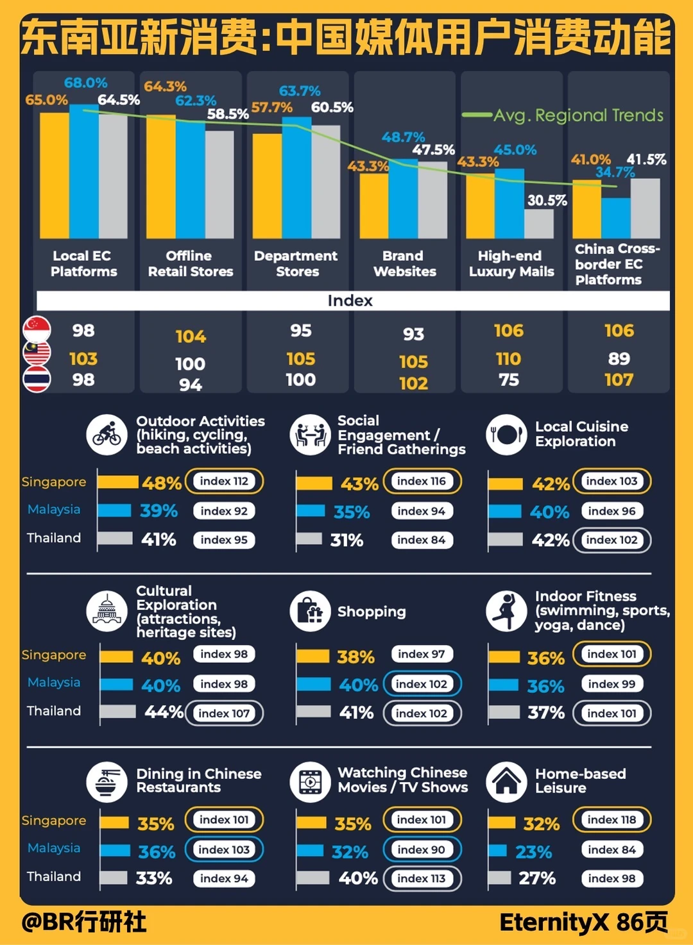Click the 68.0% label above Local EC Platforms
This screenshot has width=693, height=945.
click(86, 83)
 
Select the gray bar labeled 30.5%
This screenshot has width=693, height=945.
click(539, 224)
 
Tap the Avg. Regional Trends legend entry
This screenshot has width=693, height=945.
click(563, 115)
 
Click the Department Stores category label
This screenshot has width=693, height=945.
click(296, 263)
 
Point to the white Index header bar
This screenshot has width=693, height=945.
click(353, 301)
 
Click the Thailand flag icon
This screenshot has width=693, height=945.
click(37, 380)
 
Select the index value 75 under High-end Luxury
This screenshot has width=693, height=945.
click(509, 380)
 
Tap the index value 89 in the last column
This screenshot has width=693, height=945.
click(619, 358)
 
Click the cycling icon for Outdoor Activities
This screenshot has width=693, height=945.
click(107, 435)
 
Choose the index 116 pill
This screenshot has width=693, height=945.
click(422, 481)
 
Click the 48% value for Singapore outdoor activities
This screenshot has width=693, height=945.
click(162, 483)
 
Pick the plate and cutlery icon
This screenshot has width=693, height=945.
click(506, 435)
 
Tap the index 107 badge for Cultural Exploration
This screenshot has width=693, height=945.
click(224, 713)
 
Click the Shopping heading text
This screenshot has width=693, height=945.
click(372, 611)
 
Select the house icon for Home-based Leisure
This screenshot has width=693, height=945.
click(506, 782)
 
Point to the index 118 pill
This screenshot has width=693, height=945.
click(612, 819)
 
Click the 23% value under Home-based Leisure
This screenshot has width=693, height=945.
click(534, 852)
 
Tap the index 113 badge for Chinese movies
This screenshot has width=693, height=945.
click(422, 878)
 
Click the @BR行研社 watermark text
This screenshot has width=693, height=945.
click(84, 922)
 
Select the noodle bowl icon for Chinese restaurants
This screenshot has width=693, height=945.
click(107, 782)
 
